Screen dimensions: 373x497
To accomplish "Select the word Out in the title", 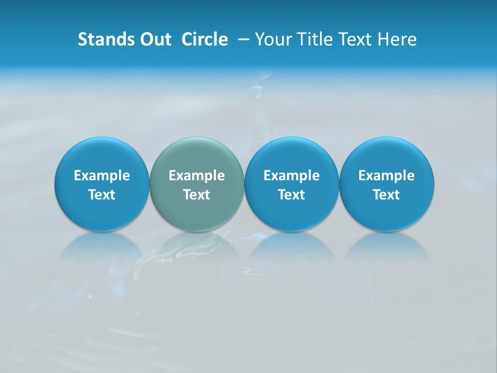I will click(154, 39).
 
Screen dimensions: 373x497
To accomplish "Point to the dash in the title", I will click(243, 39).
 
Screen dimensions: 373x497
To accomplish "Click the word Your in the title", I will click(272, 39).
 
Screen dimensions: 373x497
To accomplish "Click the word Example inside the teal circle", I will click(197, 176).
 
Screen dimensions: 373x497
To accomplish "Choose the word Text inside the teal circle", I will click(197, 195).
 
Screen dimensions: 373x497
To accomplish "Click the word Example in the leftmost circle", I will click(102, 176).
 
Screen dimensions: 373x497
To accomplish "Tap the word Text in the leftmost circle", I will click(102, 195).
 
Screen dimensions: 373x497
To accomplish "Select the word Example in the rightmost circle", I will click(387, 176).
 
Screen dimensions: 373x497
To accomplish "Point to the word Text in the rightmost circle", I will click(387, 195).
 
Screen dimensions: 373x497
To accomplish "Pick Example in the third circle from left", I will click(291, 176).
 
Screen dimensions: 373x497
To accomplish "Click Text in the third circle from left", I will click(291, 195).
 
